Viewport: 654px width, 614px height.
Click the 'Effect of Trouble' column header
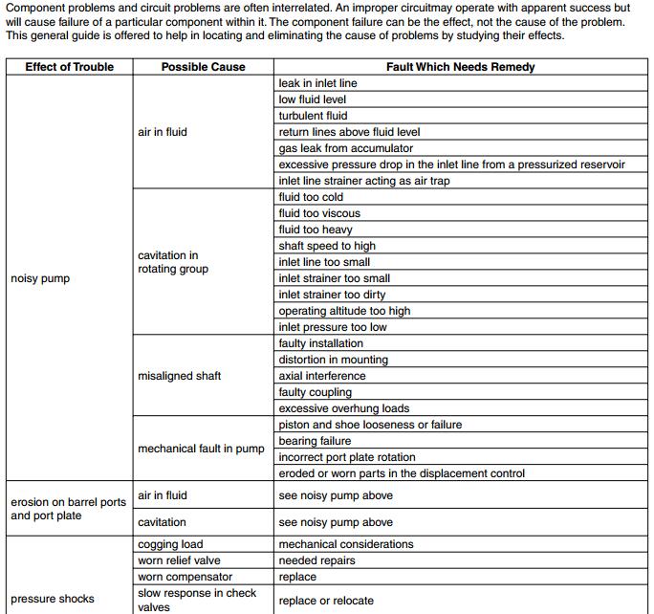click(x=69, y=67)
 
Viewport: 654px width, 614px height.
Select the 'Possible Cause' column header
click(x=203, y=67)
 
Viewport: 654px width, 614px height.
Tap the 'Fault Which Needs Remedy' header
click(x=460, y=67)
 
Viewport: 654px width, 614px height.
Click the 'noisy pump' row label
click(x=40, y=278)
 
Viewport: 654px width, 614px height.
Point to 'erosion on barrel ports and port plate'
click(x=68, y=509)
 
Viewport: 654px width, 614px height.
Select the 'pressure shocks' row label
click(x=53, y=599)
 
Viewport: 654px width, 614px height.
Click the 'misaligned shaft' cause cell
click(x=179, y=376)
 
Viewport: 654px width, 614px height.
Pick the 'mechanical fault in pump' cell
click(x=201, y=449)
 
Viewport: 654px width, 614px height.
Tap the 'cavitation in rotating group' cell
click(x=173, y=262)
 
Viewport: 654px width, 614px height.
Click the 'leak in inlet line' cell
click(x=317, y=83)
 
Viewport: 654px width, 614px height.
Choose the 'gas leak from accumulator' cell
click(x=345, y=148)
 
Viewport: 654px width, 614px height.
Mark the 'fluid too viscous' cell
click(x=319, y=213)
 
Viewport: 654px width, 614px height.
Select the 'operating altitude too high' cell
click(x=344, y=311)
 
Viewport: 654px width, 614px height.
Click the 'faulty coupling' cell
click(x=315, y=392)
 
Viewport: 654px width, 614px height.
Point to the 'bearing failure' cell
click(x=315, y=441)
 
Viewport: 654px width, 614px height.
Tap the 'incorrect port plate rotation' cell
click(x=347, y=457)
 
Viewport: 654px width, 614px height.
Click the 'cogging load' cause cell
click(x=170, y=544)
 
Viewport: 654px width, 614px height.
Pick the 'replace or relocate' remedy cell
click(x=326, y=601)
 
